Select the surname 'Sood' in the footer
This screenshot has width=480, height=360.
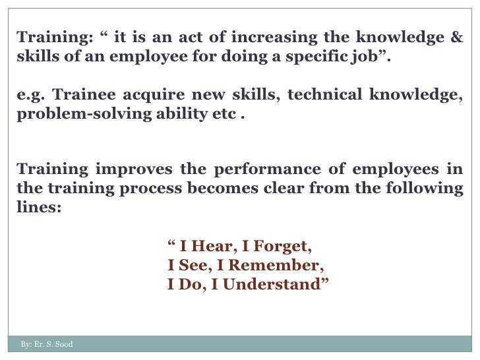[64, 344]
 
